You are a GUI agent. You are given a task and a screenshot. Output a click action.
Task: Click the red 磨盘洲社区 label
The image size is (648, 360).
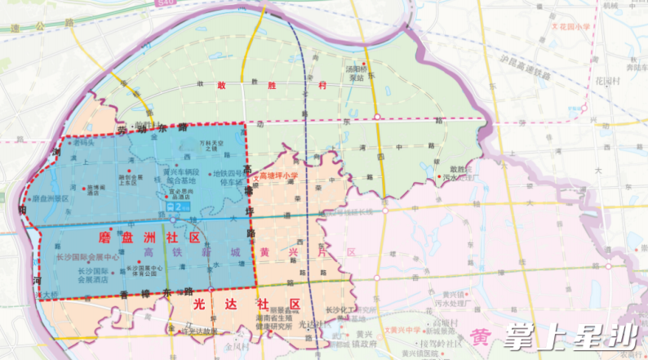click(x=149, y=238)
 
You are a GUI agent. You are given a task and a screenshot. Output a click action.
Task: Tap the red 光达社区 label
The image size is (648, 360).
click(x=246, y=304)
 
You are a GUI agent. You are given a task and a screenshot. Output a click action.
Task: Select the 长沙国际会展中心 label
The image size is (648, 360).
click(x=87, y=257)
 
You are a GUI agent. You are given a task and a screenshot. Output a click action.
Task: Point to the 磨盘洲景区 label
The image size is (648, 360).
click(x=51, y=198)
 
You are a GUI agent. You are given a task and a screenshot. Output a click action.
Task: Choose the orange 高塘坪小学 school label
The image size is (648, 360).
click(x=277, y=176)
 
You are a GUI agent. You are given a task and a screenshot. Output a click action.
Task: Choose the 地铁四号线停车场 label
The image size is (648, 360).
click(x=228, y=177)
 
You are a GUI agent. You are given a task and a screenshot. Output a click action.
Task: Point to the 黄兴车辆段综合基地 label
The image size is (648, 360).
click(x=184, y=177)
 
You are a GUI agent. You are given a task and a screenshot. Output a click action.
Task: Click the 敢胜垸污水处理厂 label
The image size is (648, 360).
click(x=459, y=172)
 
